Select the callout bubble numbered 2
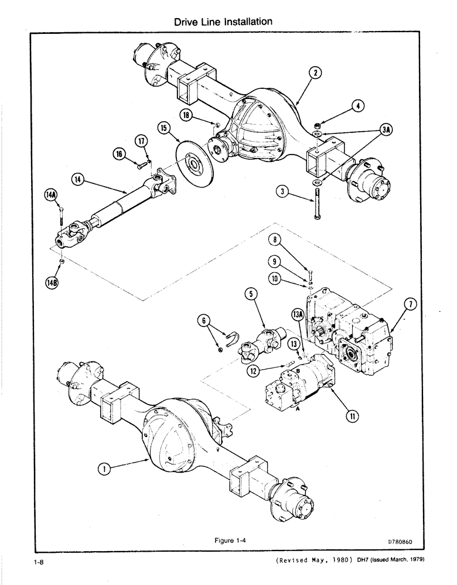(x=316, y=73)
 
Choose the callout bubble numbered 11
(x=352, y=417)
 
